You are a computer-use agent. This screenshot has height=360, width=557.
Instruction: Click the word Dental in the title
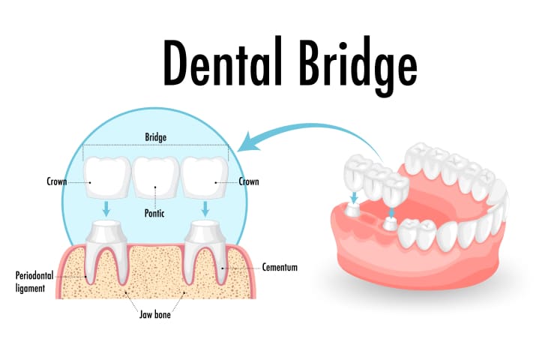pos(223,62)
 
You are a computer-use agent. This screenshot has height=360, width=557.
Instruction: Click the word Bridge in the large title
pos(358,67)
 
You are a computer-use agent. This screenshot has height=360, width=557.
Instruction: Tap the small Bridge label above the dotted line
pos(156,137)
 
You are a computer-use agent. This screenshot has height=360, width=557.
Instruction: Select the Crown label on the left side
pos(57,181)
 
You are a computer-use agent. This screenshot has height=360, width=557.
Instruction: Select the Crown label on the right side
pos(249,181)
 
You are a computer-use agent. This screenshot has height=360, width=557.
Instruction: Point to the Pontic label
pos(154,213)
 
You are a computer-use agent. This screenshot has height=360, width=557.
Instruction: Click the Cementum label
pos(280,267)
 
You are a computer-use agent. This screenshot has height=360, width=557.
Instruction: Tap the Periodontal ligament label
pos(34,282)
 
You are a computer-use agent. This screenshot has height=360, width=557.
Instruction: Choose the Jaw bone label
pos(155,315)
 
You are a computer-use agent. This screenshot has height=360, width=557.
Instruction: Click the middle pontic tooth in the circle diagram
pos(156,177)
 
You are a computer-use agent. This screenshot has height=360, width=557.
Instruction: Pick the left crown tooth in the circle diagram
pos(107,177)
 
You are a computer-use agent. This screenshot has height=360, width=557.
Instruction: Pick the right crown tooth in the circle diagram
pos(205,177)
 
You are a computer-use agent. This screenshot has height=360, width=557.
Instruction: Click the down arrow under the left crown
pos(106,209)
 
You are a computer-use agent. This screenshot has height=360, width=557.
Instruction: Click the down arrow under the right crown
pos(205,209)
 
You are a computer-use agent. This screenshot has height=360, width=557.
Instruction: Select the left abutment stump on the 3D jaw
pos(352,211)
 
